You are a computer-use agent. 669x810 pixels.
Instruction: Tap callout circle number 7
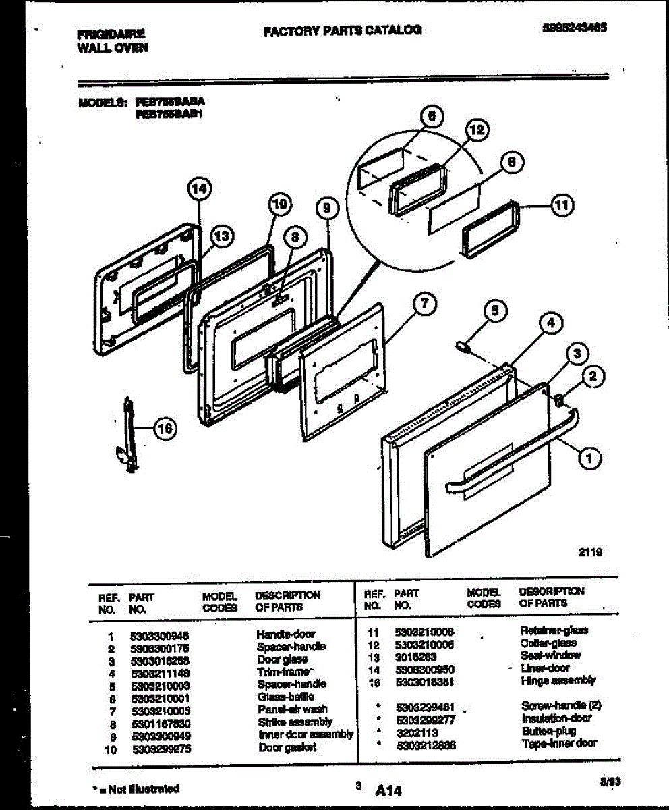423,304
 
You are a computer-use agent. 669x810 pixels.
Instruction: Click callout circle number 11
560,206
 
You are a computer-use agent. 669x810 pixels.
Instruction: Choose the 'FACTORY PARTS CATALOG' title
342,30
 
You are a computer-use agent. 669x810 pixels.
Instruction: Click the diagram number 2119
589,551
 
